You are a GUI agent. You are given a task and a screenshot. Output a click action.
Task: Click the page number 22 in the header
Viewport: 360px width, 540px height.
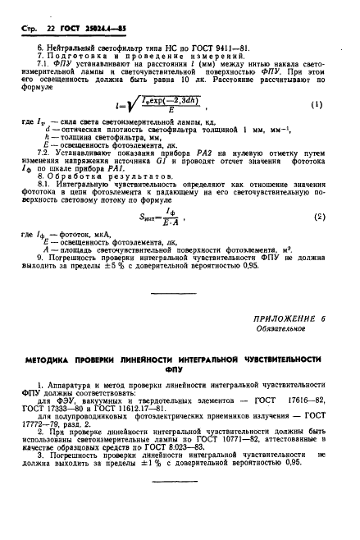43,9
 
